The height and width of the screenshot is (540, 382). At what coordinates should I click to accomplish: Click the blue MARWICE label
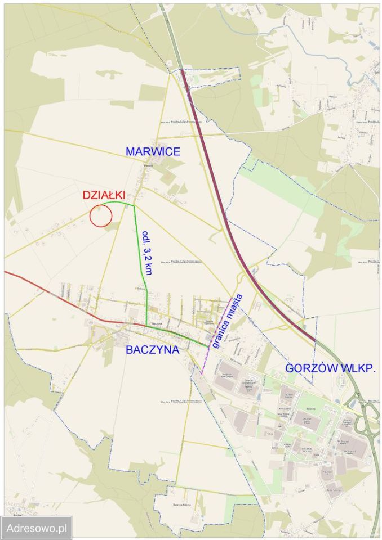tap(153, 151)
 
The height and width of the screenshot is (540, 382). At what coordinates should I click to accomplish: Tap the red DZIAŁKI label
tap(104, 195)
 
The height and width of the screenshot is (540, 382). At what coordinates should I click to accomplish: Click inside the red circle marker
tap(101, 215)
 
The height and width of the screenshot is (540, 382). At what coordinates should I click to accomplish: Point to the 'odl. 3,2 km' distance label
tap(147, 253)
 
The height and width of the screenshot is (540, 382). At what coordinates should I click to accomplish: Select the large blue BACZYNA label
tap(153, 349)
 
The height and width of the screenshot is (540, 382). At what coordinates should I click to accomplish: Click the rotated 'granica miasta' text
tap(227, 321)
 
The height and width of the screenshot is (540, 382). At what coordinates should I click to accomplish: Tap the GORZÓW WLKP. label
tap(330, 368)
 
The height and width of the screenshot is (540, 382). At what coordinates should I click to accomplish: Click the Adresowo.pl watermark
tap(37, 528)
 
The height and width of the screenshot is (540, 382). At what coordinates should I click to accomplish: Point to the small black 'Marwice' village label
tap(148, 166)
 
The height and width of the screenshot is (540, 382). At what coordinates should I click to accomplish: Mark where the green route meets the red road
tap(147, 326)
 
